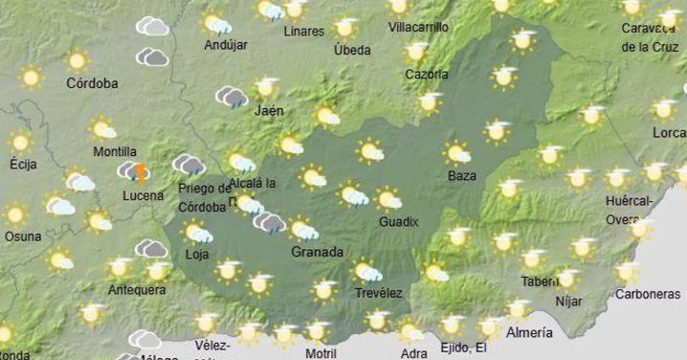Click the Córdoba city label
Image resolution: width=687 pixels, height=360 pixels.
point(92,83)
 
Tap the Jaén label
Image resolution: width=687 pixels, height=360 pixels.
point(269,110)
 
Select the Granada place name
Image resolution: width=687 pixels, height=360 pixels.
point(318,252)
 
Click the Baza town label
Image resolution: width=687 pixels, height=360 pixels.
point(461,175)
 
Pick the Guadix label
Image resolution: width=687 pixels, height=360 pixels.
point(399,221)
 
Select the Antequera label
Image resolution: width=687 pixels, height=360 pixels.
point(137,290)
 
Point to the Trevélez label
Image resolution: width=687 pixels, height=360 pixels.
point(379,292)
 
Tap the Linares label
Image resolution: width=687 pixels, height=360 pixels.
point(304,32)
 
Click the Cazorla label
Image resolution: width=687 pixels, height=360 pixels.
point(426,74)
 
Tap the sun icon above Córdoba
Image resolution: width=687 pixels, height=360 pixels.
point(77,61)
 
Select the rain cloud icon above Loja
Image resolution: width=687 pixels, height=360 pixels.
point(197,232)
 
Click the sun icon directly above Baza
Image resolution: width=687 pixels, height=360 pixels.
point(457,153)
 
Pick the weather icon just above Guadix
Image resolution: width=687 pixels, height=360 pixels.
point(388,199)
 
